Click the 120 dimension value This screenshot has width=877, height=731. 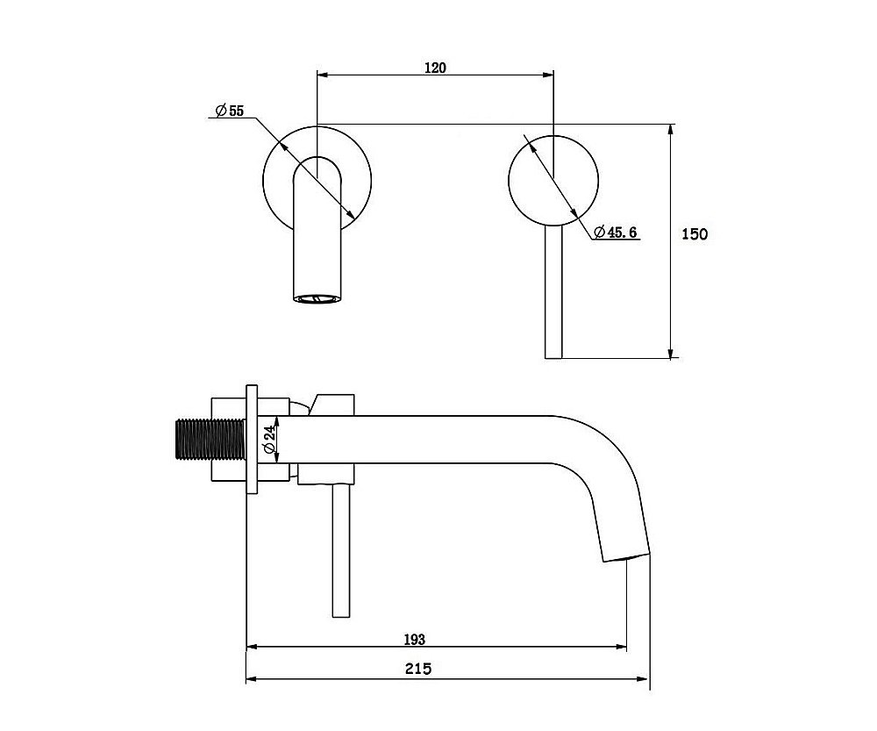point(435,68)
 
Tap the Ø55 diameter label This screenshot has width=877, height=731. point(229,111)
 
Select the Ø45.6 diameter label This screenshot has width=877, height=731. point(616,232)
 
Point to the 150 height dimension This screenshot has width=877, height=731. point(694,233)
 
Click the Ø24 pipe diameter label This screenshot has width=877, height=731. point(268,440)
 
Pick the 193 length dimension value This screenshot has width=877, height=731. point(415,639)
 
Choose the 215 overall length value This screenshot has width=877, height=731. point(419,669)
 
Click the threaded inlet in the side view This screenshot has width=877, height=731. point(210,440)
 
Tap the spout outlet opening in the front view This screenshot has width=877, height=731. point(317,299)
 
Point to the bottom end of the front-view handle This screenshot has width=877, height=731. point(553,358)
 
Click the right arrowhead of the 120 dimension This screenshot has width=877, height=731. point(549,74)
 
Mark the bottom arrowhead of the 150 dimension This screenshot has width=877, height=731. point(671,353)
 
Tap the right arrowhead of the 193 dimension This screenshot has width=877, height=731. point(622,647)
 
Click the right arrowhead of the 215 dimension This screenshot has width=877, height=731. point(645,679)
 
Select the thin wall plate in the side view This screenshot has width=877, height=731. point(253,440)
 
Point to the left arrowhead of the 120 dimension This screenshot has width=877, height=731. point(323,74)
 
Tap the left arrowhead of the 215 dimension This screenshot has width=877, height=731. point(252,679)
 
